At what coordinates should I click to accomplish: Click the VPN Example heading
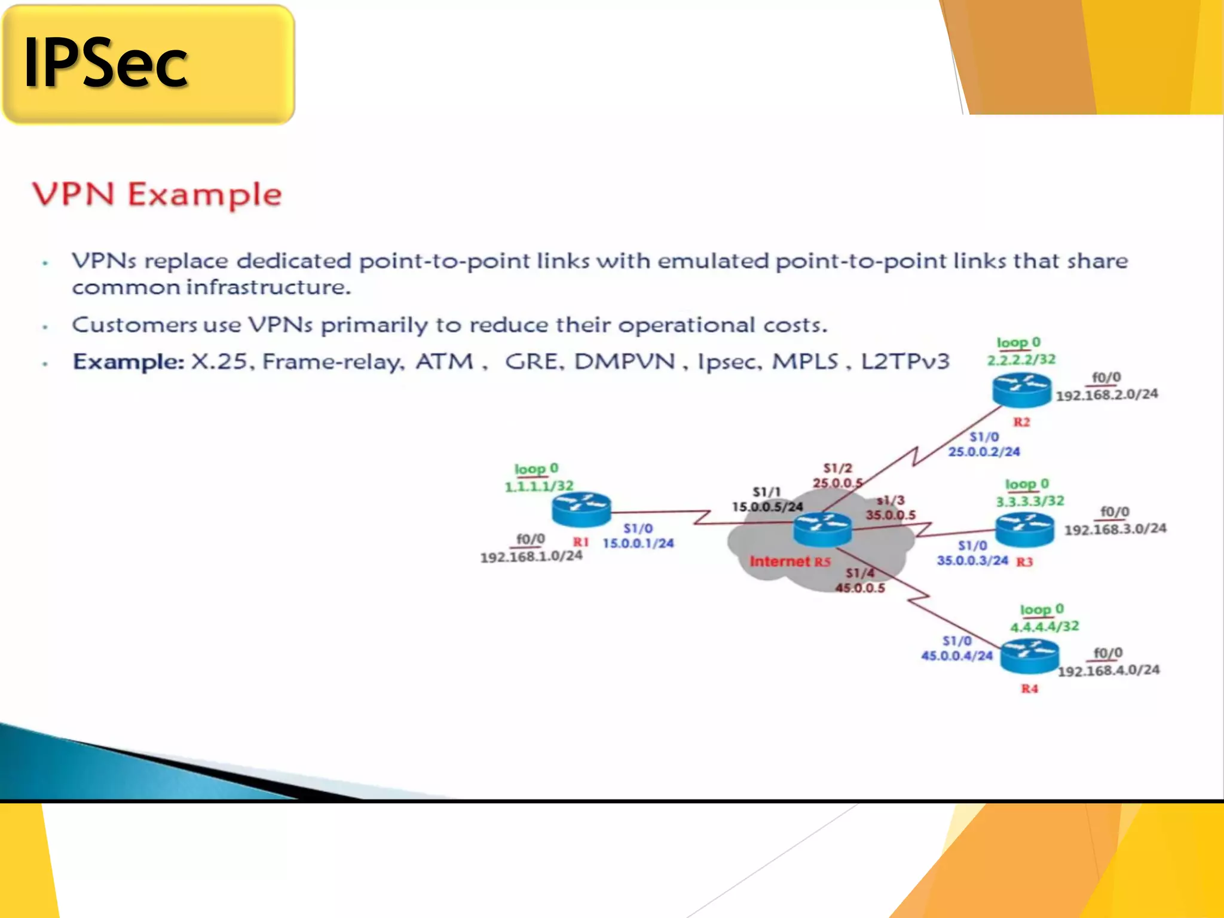coord(157,195)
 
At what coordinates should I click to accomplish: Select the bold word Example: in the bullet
coord(128,362)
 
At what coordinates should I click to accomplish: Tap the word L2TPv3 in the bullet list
coord(905,362)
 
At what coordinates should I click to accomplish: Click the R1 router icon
coord(581,509)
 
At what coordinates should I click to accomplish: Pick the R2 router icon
coord(1021,389)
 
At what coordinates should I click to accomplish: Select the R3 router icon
coord(1024,529)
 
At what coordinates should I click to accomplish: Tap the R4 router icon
coord(1029,656)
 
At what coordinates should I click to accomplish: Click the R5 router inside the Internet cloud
coord(822,529)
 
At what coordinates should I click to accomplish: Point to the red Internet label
coord(779,561)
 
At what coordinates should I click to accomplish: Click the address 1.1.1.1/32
coord(539,486)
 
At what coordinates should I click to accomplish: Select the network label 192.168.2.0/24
coord(1106,395)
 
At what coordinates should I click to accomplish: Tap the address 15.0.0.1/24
coord(638,543)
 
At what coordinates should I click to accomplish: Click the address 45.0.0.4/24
coord(956,656)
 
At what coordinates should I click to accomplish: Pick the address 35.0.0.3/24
coord(972,561)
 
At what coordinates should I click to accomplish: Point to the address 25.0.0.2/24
coord(984,452)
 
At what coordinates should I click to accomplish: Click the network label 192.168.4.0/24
coord(1109,671)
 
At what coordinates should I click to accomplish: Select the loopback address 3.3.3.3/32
coord(1030,501)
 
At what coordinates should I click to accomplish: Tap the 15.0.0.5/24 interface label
coord(767,507)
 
